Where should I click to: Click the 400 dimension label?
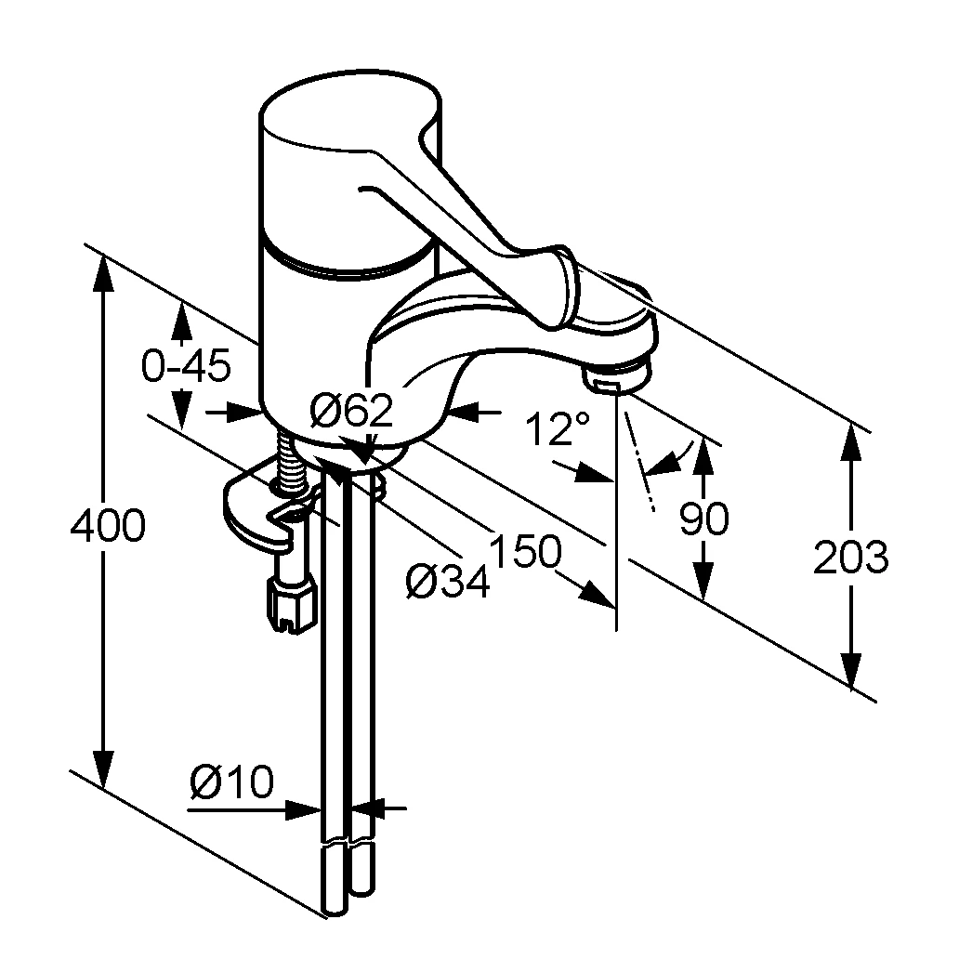[108, 525]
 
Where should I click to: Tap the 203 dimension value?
[851, 557]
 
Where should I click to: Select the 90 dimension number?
[704, 519]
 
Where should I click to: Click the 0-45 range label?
[186, 366]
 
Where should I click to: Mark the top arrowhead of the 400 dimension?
[105, 275]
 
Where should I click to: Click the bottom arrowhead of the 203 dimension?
[851, 671]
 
